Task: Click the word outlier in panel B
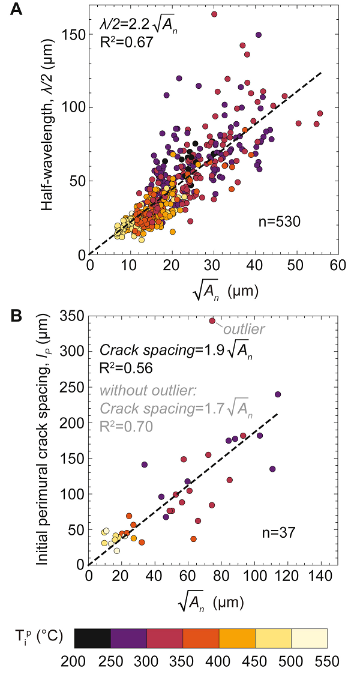[244, 329]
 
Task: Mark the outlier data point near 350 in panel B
[212, 321]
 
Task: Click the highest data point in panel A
[214, 14]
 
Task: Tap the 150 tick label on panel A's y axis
[75, 35]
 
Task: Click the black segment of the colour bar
[92, 639]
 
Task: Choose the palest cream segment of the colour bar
[309, 639]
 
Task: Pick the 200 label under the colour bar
[74, 662]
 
